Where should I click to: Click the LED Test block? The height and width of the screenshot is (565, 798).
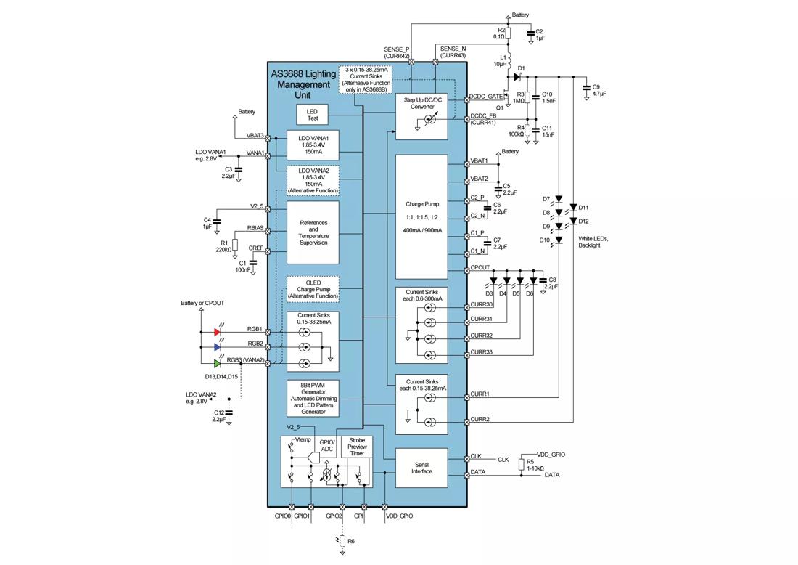(x=313, y=114)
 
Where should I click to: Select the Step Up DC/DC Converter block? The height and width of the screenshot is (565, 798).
(x=421, y=115)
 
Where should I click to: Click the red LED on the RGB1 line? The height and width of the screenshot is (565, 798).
(x=217, y=332)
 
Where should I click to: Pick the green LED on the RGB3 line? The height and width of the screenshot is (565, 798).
(x=217, y=363)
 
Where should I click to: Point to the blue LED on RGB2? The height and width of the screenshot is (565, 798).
(x=217, y=347)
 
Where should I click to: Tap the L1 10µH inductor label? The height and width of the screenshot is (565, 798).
(x=499, y=60)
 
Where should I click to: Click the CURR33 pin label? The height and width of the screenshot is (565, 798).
(x=482, y=352)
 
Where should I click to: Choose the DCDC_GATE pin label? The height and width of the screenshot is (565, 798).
(x=486, y=96)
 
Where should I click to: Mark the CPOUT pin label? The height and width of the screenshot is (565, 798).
(x=480, y=268)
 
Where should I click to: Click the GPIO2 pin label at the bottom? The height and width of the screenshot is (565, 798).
(x=334, y=516)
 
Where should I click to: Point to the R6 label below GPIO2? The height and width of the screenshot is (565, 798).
(x=351, y=541)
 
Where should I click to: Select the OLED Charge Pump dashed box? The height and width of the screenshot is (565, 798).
(x=313, y=288)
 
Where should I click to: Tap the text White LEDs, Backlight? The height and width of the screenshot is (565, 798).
(x=594, y=243)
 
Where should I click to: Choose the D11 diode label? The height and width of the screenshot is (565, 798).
(x=585, y=208)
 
